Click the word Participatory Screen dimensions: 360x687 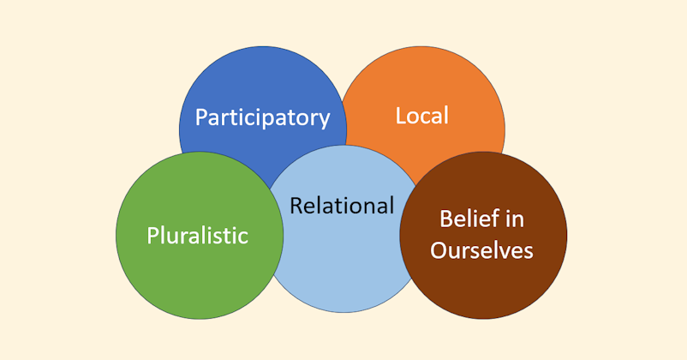coord(262,117)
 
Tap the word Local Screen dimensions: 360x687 coord(421,115)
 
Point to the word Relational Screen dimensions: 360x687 coord(342,206)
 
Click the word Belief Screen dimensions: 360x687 coord(468,219)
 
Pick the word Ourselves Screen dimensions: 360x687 coord(481,249)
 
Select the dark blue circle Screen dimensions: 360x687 coord(257,81)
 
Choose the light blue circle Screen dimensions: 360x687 coord(343,266)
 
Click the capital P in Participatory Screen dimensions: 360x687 coord(201,117)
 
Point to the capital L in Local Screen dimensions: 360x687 coord(401,115)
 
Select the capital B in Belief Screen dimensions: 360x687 coord(445,219)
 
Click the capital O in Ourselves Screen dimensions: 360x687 coord(438,249)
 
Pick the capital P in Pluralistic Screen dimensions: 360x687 coord(152,235)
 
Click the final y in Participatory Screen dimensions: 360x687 coord(324,120)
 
